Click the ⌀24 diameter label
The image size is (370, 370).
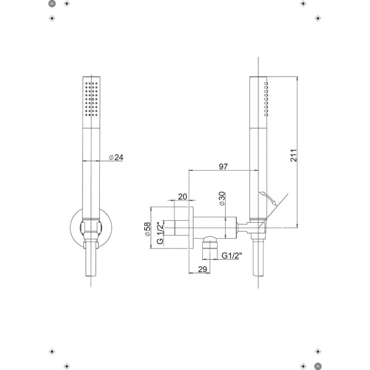click(116, 158)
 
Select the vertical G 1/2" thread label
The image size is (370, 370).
click(160, 233)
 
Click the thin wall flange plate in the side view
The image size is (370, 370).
click(194, 228)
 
